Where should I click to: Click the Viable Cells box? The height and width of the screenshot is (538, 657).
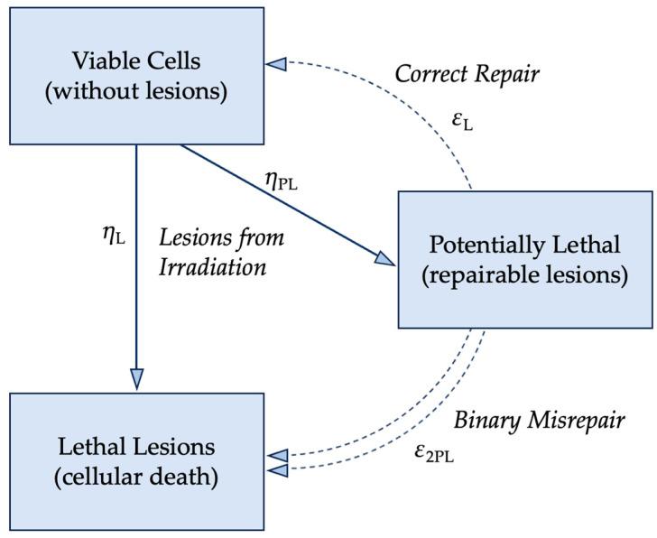tap(136, 76)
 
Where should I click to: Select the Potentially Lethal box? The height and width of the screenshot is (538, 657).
tap(525, 259)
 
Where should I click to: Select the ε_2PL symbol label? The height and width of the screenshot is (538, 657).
tap(433, 454)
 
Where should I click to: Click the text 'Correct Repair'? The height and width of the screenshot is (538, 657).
tap(467, 74)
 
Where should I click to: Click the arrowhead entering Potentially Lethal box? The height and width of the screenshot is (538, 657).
tap(385, 259)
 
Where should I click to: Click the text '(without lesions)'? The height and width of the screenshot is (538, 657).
tap(136, 91)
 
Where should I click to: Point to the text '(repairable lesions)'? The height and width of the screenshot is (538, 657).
tap(525, 275)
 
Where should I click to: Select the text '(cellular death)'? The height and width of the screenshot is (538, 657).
tap(136, 477)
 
